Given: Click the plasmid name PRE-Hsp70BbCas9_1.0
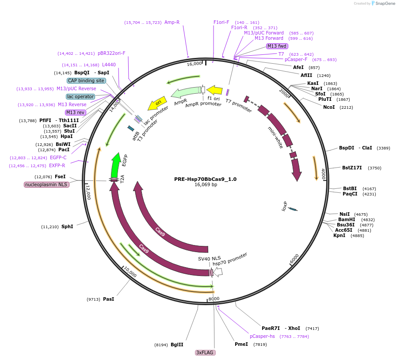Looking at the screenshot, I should [x=205, y=179].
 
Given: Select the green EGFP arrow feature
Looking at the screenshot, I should [x=116, y=165].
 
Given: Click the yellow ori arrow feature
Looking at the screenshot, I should [x=157, y=103].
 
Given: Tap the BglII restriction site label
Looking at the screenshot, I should [x=177, y=345].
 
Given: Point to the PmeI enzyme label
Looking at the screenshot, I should [x=241, y=344].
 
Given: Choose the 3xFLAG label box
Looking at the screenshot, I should [x=205, y=352].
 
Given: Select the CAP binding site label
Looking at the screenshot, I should [x=86, y=80].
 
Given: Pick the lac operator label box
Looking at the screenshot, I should [x=80, y=96].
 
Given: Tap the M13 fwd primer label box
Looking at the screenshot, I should [x=277, y=46].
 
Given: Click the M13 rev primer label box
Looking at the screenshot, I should [x=75, y=112].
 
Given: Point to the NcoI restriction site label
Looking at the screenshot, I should [x=329, y=107].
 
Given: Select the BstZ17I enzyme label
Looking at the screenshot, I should [x=352, y=168].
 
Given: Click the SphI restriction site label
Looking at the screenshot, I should [x=67, y=226].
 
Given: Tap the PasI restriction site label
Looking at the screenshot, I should [x=108, y=299].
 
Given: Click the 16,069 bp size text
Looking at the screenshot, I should [x=205, y=185].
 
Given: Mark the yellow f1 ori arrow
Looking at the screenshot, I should [x=214, y=90].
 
